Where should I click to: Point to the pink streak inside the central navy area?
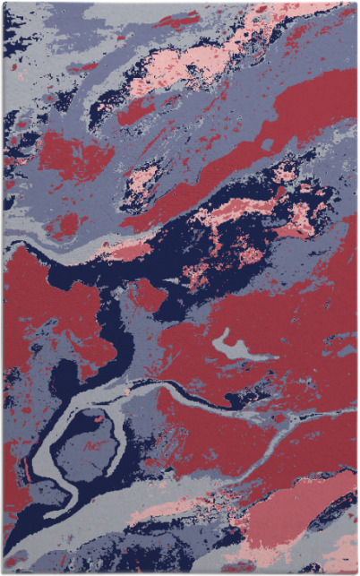pos(242,211)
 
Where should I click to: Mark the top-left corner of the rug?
pos(3,3)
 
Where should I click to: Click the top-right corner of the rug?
pos(356,3)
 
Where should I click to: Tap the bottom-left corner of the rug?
pos(3,572)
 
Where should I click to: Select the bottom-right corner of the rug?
pos(356,572)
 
